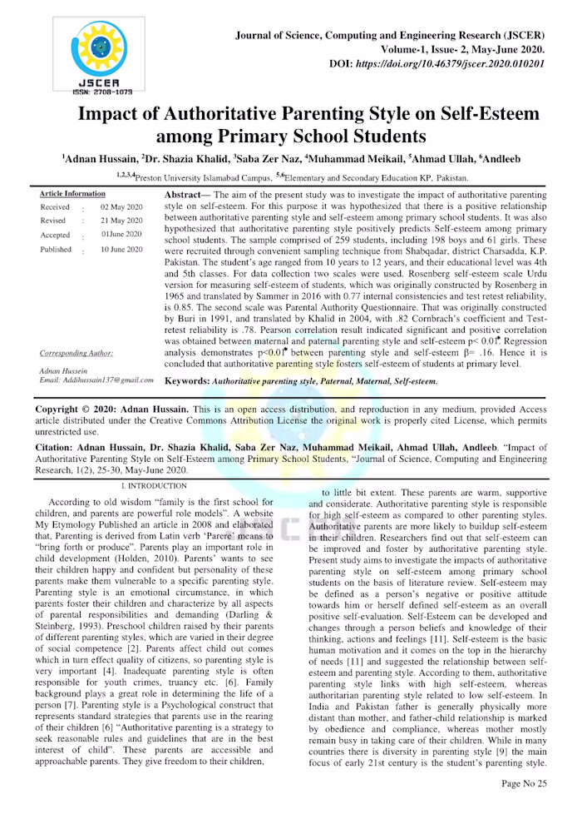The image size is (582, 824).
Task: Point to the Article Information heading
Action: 72,193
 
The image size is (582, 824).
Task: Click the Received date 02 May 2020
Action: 121,206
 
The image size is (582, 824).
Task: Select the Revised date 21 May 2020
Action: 121,221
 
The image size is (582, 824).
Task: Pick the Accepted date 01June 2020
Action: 121,235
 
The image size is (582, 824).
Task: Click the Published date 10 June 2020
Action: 121,249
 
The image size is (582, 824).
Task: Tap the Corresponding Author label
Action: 76,352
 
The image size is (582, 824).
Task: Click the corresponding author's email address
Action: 96,380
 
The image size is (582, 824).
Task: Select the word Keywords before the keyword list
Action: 187,380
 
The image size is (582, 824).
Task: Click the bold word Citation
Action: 56,447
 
